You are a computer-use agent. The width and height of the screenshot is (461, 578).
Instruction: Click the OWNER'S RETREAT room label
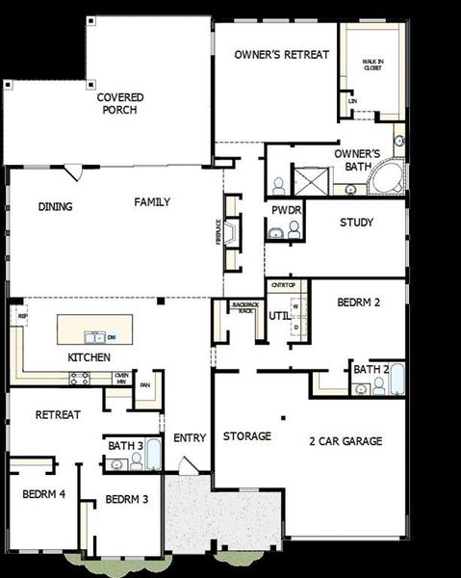click(x=282, y=55)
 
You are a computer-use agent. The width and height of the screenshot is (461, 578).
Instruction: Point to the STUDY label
click(x=357, y=223)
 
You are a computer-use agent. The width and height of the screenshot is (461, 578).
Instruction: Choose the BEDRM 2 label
click(x=359, y=302)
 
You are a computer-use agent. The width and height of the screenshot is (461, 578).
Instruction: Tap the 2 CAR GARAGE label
click(x=346, y=441)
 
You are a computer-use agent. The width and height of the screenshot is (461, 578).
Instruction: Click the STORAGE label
click(x=246, y=436)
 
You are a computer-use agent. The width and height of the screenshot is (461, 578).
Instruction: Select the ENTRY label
click(x=190, y=439)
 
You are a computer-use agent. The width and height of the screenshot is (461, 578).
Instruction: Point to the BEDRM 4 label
click(x=43, y=494)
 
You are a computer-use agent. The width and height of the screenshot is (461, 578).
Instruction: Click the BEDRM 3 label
click(x=126, y=499)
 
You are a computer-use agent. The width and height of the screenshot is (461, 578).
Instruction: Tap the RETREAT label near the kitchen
click(x=58, y=415)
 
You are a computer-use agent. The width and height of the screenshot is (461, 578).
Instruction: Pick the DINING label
click(x=56, y=206)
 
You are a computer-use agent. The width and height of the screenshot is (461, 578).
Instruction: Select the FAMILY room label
click(x=152, y=202)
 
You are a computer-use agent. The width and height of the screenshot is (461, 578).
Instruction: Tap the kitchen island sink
click(x=93, y=337)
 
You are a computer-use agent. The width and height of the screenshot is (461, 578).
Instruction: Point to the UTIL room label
click(x=279, y=315)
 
